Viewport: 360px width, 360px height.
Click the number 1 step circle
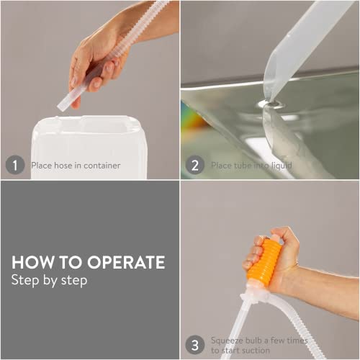[x=15, y=165]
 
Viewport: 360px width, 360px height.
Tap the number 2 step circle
[x=195, y=165]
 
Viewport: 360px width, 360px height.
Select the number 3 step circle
[x=195, y=345]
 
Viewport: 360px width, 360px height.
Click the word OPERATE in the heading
[x=126, y=262]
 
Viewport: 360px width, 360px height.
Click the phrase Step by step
[x=49, y=281]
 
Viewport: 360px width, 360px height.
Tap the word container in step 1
[x=102, y=166]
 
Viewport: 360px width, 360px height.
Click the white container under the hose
[x=89, y=147]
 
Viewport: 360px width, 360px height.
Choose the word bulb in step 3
[x=253, y=341]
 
